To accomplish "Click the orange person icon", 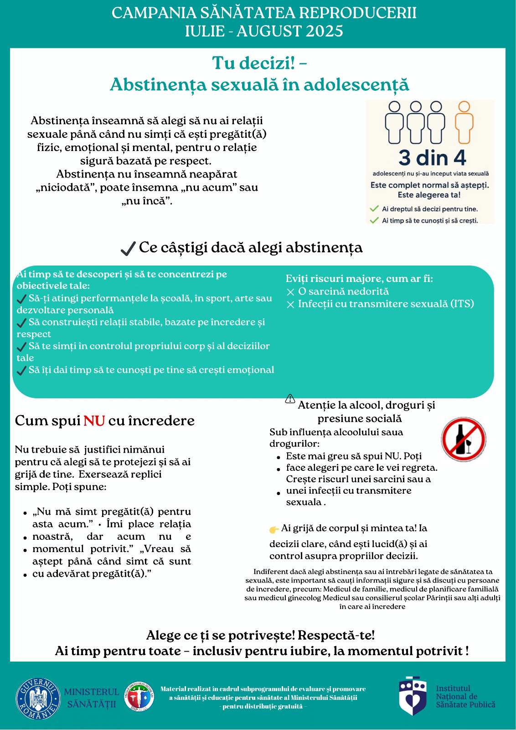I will pyautogui.click(x=464, y=122).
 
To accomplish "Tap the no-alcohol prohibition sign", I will pyautogui.click(x=464, y=439).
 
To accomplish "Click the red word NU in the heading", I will pyautogui.click(x=94, y=421).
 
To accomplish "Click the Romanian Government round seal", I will pyautogui.click(x=38, y=699).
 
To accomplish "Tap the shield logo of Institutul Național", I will pyautogui.click(x=413, y=696).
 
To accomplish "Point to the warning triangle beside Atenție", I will pyautogui.click(x=290, y=399).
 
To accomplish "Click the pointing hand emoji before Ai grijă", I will pyautogui.click(x=274, y=529).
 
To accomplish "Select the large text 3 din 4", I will pyautogui.click(x=432, y=158).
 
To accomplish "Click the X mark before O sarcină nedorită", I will pyautogui.click(x=290, y=292).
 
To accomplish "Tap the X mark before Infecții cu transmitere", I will pyautogui.click(x=290, y=304).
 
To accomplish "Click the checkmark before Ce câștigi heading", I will pyautogui.click(x=128, y=249).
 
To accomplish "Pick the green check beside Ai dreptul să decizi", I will pyautogui.click(x=374, y=209).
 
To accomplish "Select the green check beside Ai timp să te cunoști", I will pyautogui.click(x=374, y=220).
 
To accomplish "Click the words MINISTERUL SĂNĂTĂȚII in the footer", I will pyautogui.click(x=92, y=698).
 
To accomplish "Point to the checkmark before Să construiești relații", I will pyautogui.click(x=21, y=323).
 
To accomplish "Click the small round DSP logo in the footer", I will pyautogui.click(x=139, y=697).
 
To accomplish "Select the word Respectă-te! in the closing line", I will pyautogui.click(x=336, y=635).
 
